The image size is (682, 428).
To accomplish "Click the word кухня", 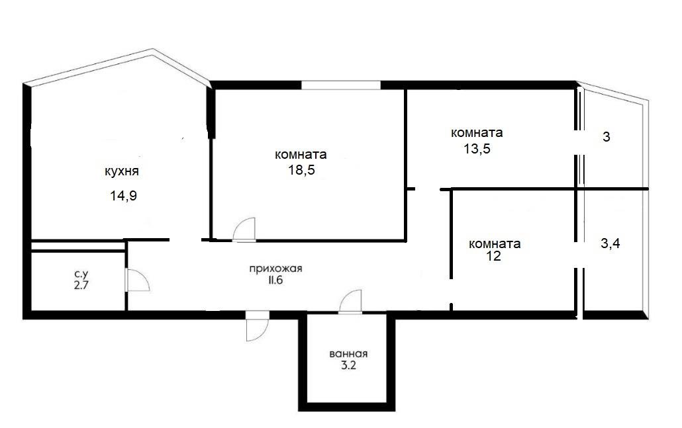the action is coord(122,171).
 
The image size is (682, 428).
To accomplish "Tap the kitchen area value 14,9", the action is coord(124,196).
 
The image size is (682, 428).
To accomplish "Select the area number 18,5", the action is coord(301,170).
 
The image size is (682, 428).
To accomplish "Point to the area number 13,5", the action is coord(477,149).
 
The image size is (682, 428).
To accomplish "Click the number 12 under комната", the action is coord(494,256).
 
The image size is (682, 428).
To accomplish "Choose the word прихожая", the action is coord(275,269).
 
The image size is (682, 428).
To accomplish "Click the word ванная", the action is coord(348,354).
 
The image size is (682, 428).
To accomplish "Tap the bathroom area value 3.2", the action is coord(348,365).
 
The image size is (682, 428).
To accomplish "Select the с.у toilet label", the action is coord(81,274).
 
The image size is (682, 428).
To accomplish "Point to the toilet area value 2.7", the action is coord(81,286).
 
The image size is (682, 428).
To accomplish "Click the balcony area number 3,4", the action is coord(610,243).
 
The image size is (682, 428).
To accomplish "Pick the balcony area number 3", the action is coord(607,138).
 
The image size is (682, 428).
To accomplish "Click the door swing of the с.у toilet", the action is coord(138,280).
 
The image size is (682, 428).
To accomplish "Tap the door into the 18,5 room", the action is coord(244,229).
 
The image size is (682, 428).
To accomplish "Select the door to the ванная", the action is coord(350,301).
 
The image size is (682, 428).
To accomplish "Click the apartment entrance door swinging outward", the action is coord(257,326).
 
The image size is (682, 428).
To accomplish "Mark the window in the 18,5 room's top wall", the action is coord(341,85).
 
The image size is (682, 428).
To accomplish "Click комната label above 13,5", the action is coord(477,132).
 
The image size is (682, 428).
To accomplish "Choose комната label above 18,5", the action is coord(301,154).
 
